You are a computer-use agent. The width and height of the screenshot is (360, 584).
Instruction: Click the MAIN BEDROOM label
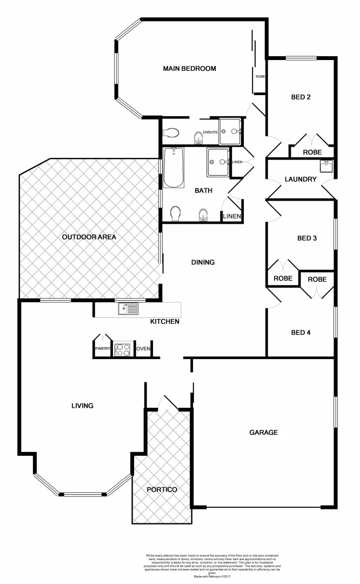(x=190, y=69)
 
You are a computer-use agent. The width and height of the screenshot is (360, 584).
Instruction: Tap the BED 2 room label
(x=301, y=97)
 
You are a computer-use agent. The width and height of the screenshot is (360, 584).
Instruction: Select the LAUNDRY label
(x=300, y=179)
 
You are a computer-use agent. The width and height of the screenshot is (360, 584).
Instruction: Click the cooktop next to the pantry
(x=123, y=349)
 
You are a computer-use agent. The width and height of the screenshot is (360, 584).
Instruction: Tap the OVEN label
(x=143, y=349)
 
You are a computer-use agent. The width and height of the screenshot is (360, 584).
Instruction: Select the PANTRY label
(x=103, y=349)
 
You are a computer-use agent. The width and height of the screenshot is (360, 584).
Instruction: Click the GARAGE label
(x=263, y=432)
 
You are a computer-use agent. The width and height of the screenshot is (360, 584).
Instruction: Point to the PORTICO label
(x=162, y=489)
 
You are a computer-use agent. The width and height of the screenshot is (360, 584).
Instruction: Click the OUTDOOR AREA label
(x=89, y=237)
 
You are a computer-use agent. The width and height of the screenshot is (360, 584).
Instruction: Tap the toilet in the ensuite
(x=172, y=132)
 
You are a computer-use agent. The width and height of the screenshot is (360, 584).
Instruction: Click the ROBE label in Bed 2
(x=312, y=152)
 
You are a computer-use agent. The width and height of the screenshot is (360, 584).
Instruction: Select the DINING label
(x=203, y=262)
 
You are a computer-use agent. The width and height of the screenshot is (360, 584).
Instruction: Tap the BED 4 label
(x=301, y=333)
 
